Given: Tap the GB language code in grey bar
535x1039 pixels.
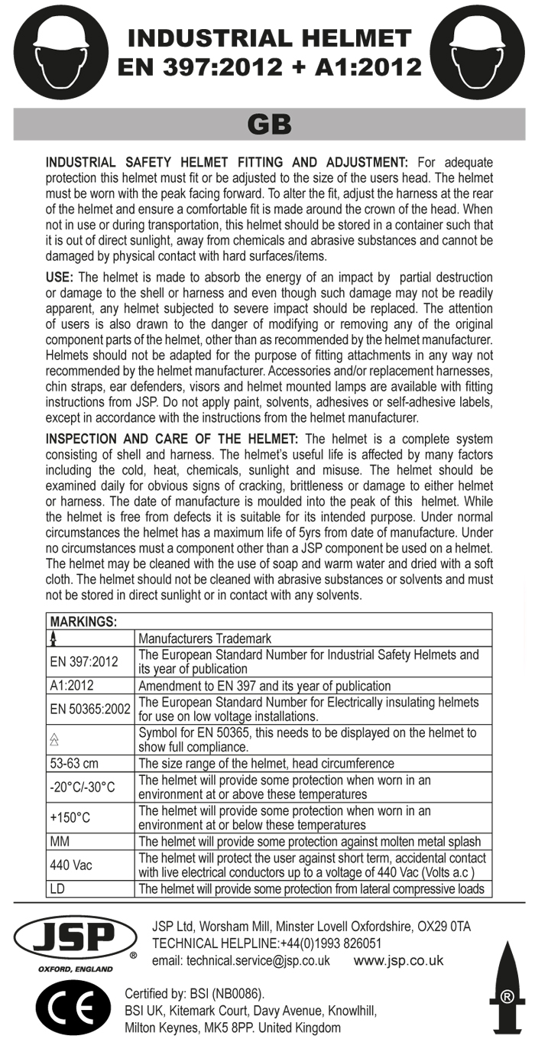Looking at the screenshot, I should tap(269, 124).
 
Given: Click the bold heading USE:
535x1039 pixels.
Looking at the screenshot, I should tap(60, 277).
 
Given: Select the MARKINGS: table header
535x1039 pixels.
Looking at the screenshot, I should tap(83, 622).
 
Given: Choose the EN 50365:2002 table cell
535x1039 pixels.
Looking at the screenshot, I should tap(90, 709).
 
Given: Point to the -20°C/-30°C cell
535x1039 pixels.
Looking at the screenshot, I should tap(83, 787).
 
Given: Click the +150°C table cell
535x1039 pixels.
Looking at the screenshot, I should tap(70, 817).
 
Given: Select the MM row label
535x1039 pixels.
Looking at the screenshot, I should tap(60, 841).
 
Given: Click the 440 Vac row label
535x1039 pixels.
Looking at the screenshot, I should tap(71, 865).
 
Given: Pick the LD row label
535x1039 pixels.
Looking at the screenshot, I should tap(57, 888).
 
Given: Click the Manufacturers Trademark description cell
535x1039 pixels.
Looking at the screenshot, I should tap(205, 638).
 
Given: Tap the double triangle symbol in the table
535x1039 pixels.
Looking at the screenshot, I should tap(54, 739).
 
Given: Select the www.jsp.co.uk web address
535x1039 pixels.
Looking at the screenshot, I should tap(399, 961).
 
